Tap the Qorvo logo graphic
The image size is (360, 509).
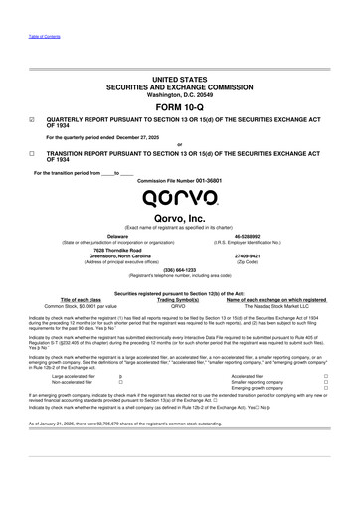179,182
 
